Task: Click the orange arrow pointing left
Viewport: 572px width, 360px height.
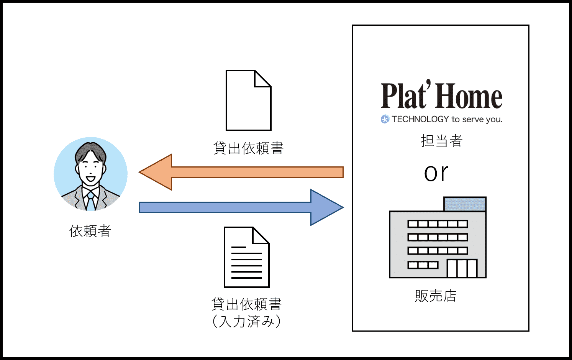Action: tap(241, 172)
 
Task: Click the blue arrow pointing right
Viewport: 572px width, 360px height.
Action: tap(241, 207)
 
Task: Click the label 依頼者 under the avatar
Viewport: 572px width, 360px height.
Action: tap(90, 231)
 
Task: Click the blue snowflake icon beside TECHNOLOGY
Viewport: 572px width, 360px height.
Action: tap(385, 119)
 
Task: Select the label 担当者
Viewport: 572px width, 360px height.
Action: tap(441, 141)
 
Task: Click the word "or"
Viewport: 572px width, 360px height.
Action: tap(436, 173)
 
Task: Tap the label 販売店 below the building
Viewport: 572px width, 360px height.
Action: tap(436, 296)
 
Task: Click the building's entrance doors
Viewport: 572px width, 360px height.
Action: tap(462, 268)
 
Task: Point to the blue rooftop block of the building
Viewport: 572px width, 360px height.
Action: tap(465, 204)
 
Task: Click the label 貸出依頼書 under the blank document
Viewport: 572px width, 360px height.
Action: tap(248, 148)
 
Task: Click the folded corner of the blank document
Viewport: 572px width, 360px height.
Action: tap(263, 79)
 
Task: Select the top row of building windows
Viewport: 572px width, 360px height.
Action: tap(438, 224)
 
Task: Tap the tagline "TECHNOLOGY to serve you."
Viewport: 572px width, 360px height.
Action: tap(447, 119)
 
